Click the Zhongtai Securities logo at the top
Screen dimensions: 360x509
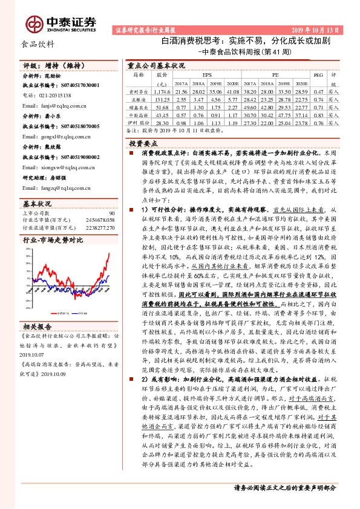61,23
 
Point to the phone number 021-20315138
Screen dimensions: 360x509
51,96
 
